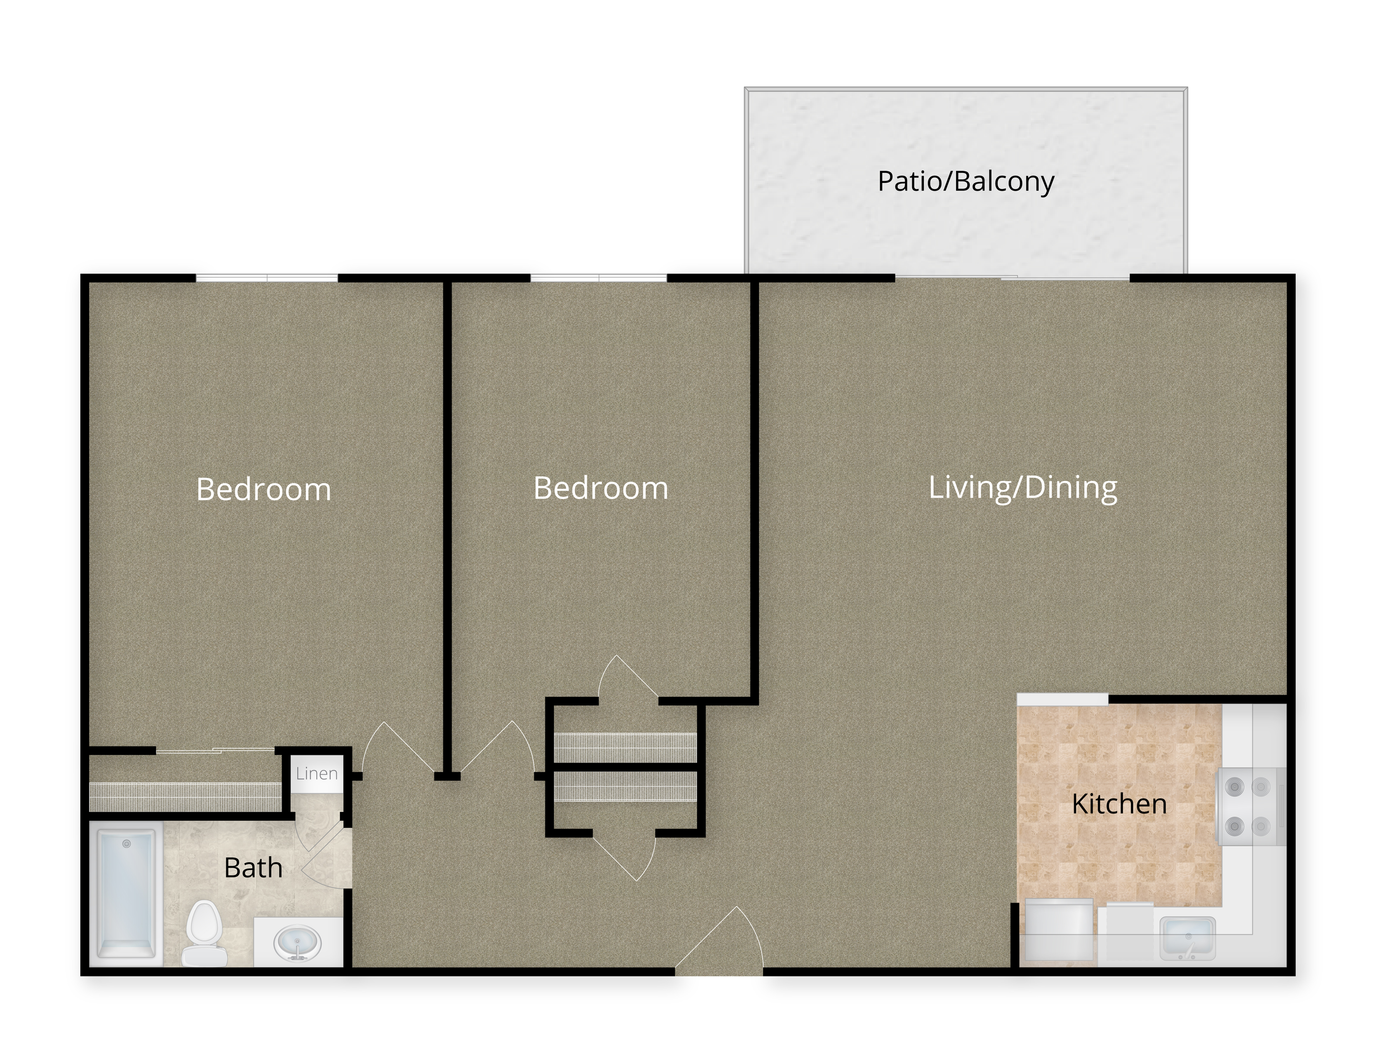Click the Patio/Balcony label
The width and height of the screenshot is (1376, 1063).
[x=965, y=182]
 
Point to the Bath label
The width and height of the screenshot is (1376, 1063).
[x=253, y=868]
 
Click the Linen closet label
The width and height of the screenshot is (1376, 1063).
[x=317, y=773]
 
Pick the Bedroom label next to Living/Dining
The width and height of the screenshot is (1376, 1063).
[x=600, y=488]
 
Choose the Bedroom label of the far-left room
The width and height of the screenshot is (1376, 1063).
[x=263, y=489]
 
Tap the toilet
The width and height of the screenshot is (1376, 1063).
[x=204, y=933]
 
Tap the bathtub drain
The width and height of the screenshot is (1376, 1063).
[x=127, y=844]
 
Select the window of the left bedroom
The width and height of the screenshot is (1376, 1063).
[x=267, y=278]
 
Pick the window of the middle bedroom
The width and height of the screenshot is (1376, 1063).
[x=599, y=278]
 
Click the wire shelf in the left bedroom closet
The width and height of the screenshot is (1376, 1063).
[x=185, y=796]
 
